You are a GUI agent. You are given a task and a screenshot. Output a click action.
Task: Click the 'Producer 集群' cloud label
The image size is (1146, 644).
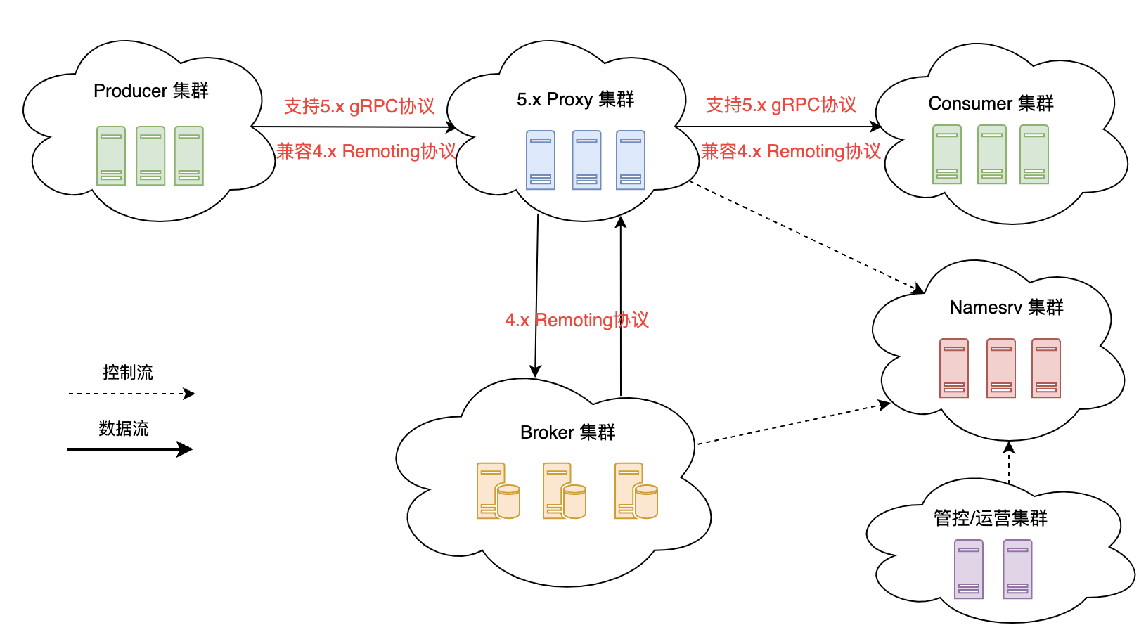[151, 91]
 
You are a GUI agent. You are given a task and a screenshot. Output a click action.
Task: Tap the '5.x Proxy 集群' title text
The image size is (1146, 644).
[575, 99]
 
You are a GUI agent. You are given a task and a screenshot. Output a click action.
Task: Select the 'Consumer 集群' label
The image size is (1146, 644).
[991, 103]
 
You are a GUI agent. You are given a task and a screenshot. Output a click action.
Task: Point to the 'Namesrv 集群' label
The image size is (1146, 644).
[1006, 307]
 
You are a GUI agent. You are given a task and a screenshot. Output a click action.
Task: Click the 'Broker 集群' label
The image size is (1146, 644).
[567, 432]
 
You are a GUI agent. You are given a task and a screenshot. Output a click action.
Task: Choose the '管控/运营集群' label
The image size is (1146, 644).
[990, 518]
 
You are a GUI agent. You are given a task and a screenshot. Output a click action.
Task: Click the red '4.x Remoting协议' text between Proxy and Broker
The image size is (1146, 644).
[577, 320]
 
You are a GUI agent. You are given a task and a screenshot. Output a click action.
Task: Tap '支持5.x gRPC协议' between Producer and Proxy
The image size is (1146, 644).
[359, 106]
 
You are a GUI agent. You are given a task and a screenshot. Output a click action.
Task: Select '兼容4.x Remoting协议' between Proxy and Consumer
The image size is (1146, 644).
[790, 151]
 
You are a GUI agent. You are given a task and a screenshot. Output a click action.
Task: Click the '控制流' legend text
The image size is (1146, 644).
[127, 372]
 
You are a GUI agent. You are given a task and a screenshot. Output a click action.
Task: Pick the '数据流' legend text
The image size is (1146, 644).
[124, 428]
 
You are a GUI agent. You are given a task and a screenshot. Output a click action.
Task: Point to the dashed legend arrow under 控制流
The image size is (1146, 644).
[131, 394]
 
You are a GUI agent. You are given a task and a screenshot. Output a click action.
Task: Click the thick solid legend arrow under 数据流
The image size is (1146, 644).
[129, 449]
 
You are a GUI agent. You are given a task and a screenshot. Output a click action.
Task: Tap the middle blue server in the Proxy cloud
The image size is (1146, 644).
[586, 160]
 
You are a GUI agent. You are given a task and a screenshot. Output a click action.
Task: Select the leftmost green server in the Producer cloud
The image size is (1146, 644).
[111, 155]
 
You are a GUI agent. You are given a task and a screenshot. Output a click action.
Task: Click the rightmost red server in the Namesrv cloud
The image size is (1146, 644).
[1046, 368]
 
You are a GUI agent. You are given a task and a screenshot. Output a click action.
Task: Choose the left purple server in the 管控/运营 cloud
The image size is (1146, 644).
[969, 569]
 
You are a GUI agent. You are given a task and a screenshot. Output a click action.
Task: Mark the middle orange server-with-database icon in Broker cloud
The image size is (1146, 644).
[564, 491]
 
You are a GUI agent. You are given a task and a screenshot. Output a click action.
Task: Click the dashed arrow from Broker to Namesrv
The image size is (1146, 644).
[792, 424]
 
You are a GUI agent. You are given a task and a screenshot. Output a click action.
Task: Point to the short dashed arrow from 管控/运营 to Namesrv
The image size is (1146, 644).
[1009, 463]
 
